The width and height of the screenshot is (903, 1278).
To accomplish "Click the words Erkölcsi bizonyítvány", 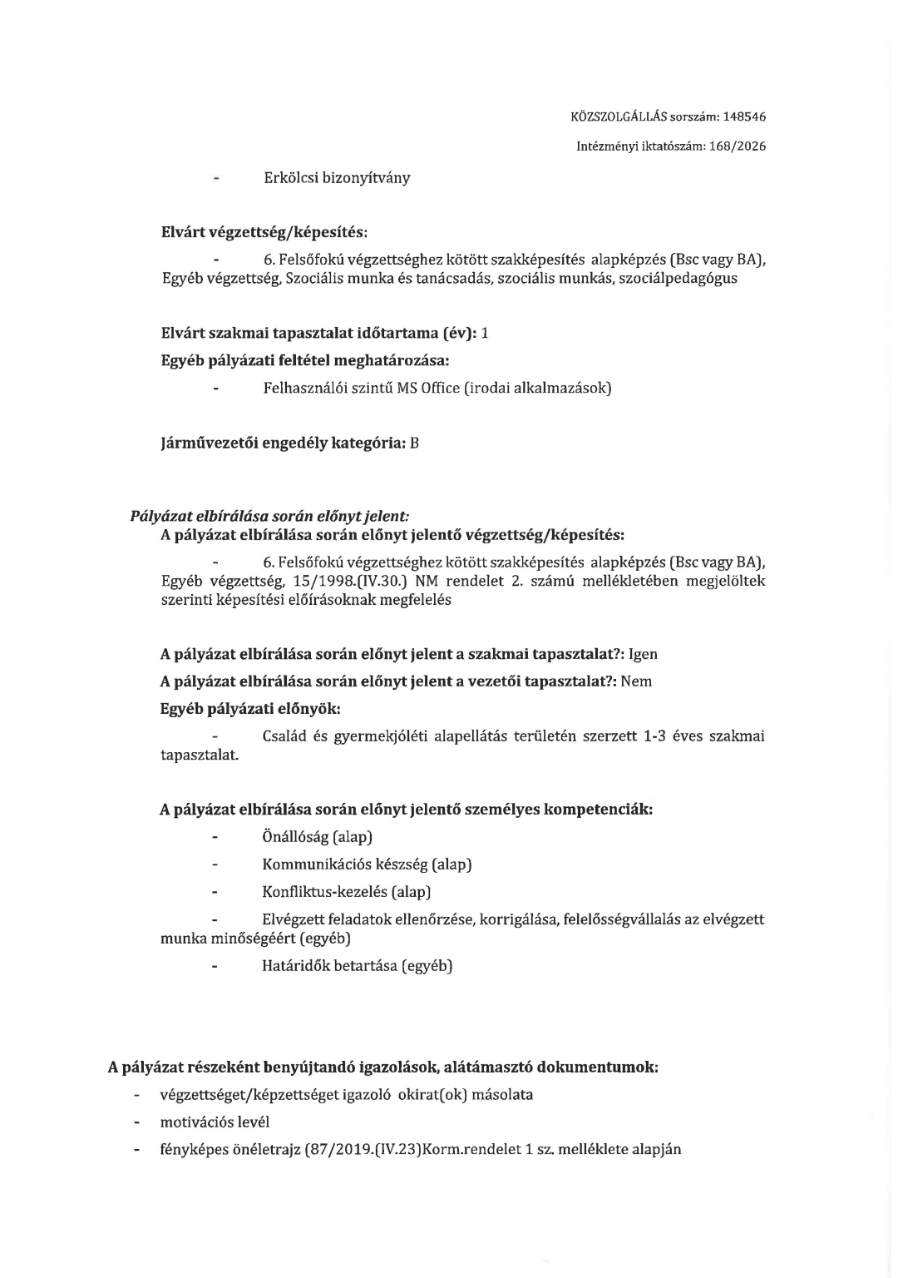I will point(336,178).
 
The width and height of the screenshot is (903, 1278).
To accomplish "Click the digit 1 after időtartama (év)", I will point(485,334).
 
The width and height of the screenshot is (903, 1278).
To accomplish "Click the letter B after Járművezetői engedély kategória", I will point(414,443).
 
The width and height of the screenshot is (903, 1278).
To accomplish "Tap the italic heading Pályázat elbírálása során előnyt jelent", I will point(270,517).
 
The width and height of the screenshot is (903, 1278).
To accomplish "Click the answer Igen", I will point(643,655).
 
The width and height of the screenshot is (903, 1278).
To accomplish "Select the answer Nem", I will point(636,682).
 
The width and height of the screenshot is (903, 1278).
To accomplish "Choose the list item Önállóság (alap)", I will point(317,837).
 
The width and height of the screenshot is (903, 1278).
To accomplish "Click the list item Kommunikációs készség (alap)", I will point(367,864).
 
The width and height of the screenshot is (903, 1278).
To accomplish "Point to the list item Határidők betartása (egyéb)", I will point(357,967).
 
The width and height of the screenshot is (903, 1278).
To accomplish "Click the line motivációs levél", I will point(215,1122).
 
